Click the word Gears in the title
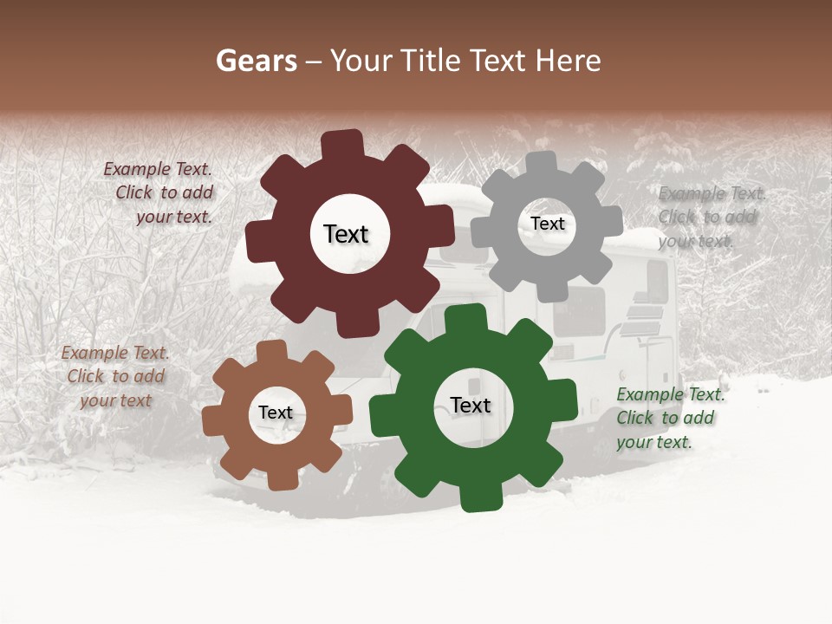click(257, 61)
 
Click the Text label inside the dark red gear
click(346, 234)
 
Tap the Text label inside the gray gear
click(547, 224)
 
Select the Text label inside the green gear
click(471, 406)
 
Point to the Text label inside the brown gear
click(276, 413)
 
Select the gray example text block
click(711, 217)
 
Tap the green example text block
click(669, 418)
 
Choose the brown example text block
click(115, 376)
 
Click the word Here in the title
click(569, 61)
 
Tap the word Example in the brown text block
click(94, 353)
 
